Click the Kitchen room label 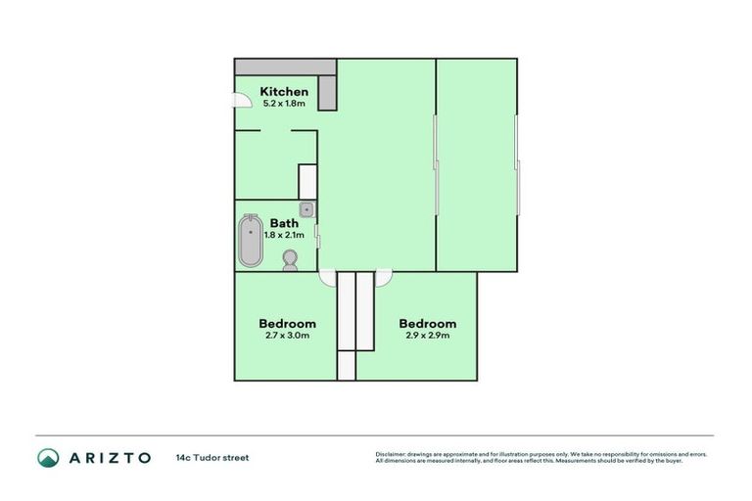[x=284, y=92]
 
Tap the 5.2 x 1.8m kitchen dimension [x=284, y=103]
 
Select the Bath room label [x=284, y=223]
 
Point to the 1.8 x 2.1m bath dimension [x=284, y=235]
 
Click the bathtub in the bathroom [x=251, y=241]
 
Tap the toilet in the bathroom [x=290, y=259]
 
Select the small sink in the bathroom [x=306, y=208]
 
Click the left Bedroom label [x=287, y=324]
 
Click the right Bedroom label [x=428, y=324]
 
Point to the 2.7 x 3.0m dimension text [x=287, y=336]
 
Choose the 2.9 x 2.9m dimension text [x=428, y=336]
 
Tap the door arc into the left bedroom [x=327, y=278]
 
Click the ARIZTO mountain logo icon [x=48, y=457]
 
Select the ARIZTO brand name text [x=109, y=457]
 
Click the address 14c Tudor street [x=212, y=457]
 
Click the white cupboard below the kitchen [x=307, y=181]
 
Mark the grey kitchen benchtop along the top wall [x=284, y=67]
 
